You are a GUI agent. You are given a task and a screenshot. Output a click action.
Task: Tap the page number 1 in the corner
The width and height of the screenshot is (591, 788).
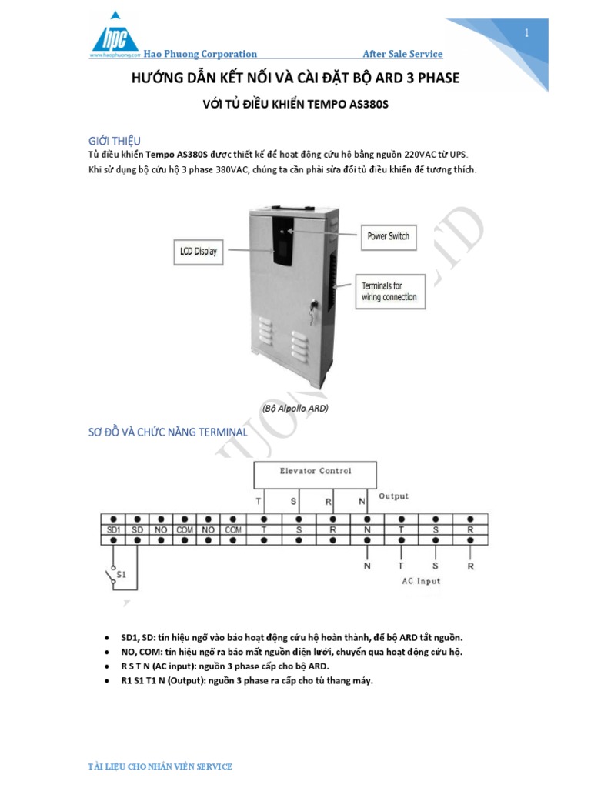(x=527, y=32)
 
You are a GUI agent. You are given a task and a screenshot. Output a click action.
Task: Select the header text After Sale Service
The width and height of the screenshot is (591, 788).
(x=402, y=54)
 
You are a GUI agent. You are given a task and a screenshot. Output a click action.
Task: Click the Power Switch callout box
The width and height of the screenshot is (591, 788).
(x=389, y=236)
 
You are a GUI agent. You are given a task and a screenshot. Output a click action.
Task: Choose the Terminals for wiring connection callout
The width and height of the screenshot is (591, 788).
(x=389, y=291)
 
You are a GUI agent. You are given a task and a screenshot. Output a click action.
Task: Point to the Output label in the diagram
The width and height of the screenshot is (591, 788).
(x=393, y=496)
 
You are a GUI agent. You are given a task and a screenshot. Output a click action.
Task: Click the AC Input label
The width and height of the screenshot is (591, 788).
(x=422, y=581)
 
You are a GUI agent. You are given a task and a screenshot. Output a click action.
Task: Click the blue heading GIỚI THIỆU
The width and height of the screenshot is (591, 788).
(x=115, y=141)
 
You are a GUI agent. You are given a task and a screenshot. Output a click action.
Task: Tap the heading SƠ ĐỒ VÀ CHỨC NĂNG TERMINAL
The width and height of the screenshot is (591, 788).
(x=168, y=432)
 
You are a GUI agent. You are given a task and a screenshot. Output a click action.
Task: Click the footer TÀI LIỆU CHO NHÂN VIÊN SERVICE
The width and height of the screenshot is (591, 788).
(x=161, y=766)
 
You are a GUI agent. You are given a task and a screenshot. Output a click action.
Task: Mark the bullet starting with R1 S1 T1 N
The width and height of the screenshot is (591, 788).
(x=246, y=680)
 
